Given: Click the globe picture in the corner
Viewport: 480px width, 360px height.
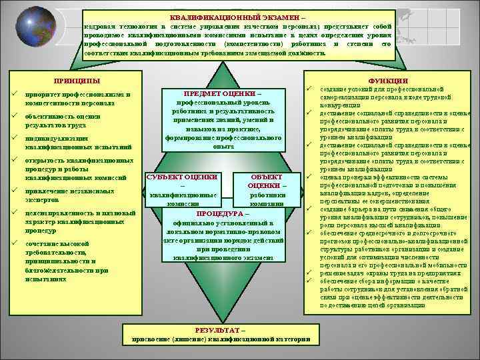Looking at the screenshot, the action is coord(28,27).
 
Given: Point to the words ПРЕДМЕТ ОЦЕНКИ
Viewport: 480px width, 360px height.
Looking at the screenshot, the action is coord(218,93).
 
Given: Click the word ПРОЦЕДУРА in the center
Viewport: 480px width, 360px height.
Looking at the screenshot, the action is coord(216,215).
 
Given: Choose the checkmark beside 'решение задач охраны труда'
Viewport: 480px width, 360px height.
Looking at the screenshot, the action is coord(309,273).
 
